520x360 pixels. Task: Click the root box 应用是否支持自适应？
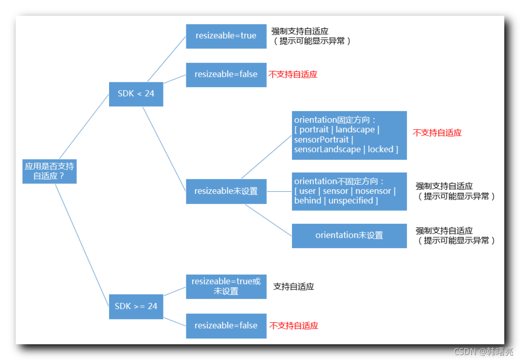pos(49,171)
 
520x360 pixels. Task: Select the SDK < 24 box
pos(136,93)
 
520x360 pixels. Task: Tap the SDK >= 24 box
pos(136,306)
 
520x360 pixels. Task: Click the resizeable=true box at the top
pos(226,36)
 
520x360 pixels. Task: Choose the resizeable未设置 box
pos(226,191)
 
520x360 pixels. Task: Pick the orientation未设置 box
pos(349,236)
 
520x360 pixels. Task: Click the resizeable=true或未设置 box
pos(226,286)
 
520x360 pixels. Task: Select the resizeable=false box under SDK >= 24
pos(226,326)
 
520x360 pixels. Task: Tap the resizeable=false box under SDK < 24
pos(226,74)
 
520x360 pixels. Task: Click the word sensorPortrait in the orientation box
pos(322,139)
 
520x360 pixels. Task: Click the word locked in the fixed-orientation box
pos(380,149)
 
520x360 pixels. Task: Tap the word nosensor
pos(373,191)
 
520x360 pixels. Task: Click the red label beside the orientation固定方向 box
pos(437,133)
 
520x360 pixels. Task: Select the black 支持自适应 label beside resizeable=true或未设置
pos(293,286)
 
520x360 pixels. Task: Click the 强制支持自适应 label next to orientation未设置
pos(444,231)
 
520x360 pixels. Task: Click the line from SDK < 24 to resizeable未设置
pos(164,148)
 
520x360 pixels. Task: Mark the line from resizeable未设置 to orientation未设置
pos(268,220)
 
